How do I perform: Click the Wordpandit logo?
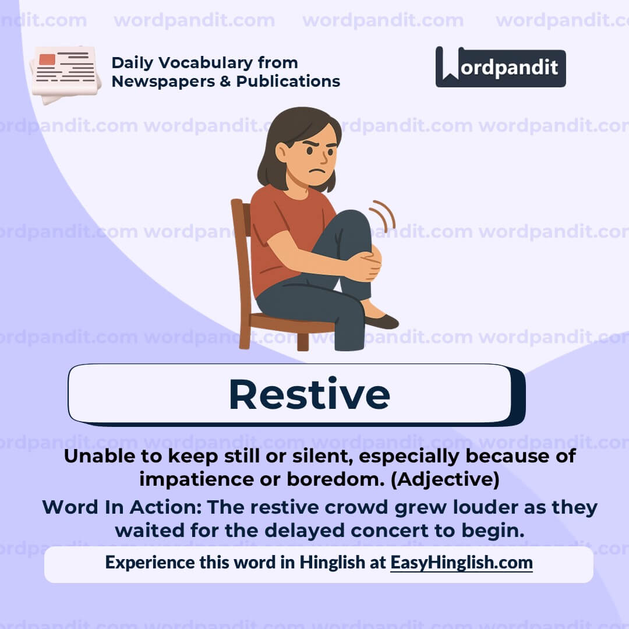click(x=500, y=67)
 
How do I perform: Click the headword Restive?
click(x=309, y=394)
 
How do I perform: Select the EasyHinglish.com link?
click(x=461, y=563)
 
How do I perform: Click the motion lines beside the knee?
click(x=384, y=215)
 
